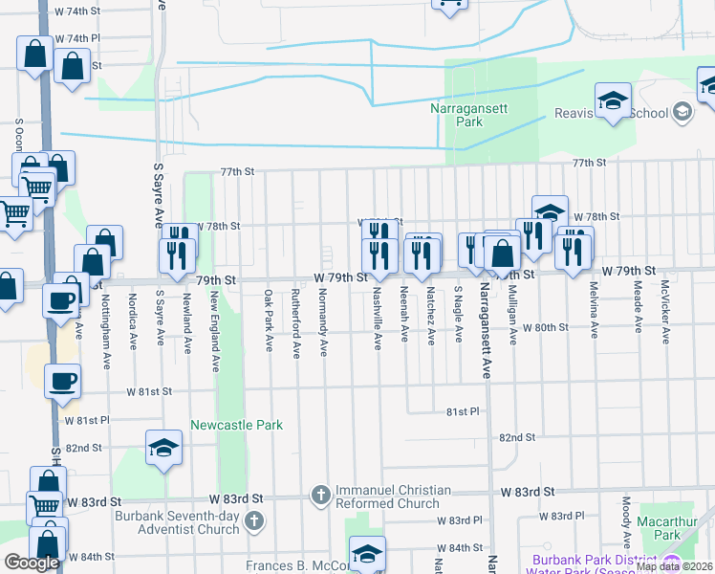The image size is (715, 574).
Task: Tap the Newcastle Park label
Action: pyautogui.click(x=236, y=425)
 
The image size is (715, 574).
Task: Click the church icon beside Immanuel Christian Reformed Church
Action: pyautogui.click(x=321, y=496)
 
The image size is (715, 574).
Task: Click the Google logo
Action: pyautogui.click(x=32, y=563)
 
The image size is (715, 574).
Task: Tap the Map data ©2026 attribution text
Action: pyautogui.click(x=673, y=566)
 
